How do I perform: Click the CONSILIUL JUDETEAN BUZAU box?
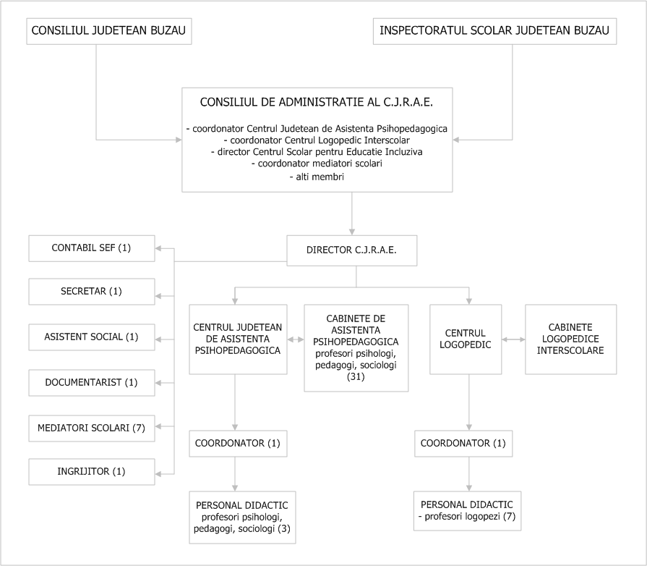pyautogui.click(x=109, y=31)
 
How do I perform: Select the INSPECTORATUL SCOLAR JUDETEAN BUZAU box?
pyautogui.click(x=494, y=31)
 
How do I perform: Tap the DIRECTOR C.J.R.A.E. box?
pyautogui.click(x=352, y=250)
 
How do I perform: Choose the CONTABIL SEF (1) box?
pyautogui.click(x=92, y=248)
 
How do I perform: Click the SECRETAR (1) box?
pyautogui.click(x=92, y=292)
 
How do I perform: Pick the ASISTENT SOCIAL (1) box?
pyautogui.click(x=92, y=337)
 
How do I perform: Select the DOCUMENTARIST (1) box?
pyautogui.click(x=92, y=383)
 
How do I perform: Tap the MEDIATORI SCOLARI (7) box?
pyautogui.click(x=92, y=428)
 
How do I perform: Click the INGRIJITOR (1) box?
pyautogui.click(x=92, y=471)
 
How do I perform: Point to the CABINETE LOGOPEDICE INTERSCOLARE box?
pyautogui.click(x=570, y=339)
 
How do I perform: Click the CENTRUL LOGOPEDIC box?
pyautogui.click(x=466, y=339)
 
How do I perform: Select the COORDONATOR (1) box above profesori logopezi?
pyautogui.click(x=463, y=443)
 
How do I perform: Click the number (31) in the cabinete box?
pyautogui.click(x=356, y=377)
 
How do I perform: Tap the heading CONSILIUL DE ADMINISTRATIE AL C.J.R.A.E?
pyautogui.click(x=317, y=103)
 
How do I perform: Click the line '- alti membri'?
pyautogui.click(x=317, y=177)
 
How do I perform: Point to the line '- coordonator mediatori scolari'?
pyautogui.click(x=317, y=164)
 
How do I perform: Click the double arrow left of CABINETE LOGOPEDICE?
pyautogui.click(x=513, y=339)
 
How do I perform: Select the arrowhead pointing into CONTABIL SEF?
pyautogui.click(x=159, y=248)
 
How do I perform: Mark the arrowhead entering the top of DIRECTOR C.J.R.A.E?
pyautogui.click(x=352, y=232)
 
